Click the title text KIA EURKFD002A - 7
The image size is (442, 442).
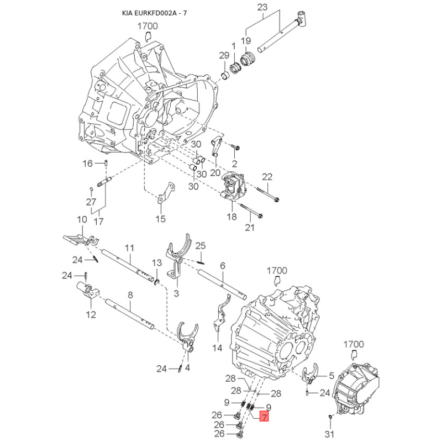point(154,13)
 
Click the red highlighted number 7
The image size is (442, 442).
point(264,417)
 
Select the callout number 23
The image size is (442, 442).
point(262,7)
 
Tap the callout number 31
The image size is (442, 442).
point(329,434)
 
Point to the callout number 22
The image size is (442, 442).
point(267,177)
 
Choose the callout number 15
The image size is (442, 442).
point(160,219)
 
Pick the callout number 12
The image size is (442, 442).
point(91,314)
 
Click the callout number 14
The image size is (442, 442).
point(217,348)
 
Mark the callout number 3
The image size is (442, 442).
point(176,293)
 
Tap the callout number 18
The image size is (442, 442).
point(231,217)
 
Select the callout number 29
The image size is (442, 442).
point(224,55)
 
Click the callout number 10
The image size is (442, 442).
point(82,219)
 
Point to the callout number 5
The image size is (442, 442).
point(331,376)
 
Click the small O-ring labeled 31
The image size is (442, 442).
point(330,416)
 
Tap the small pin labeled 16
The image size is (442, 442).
point(106,163)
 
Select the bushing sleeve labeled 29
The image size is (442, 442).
point(225,76)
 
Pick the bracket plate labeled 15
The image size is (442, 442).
point(166,192)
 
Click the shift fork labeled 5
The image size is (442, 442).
point(310,373)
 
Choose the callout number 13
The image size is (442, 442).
point(157,263)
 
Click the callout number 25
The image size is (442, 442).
point(201,246)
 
